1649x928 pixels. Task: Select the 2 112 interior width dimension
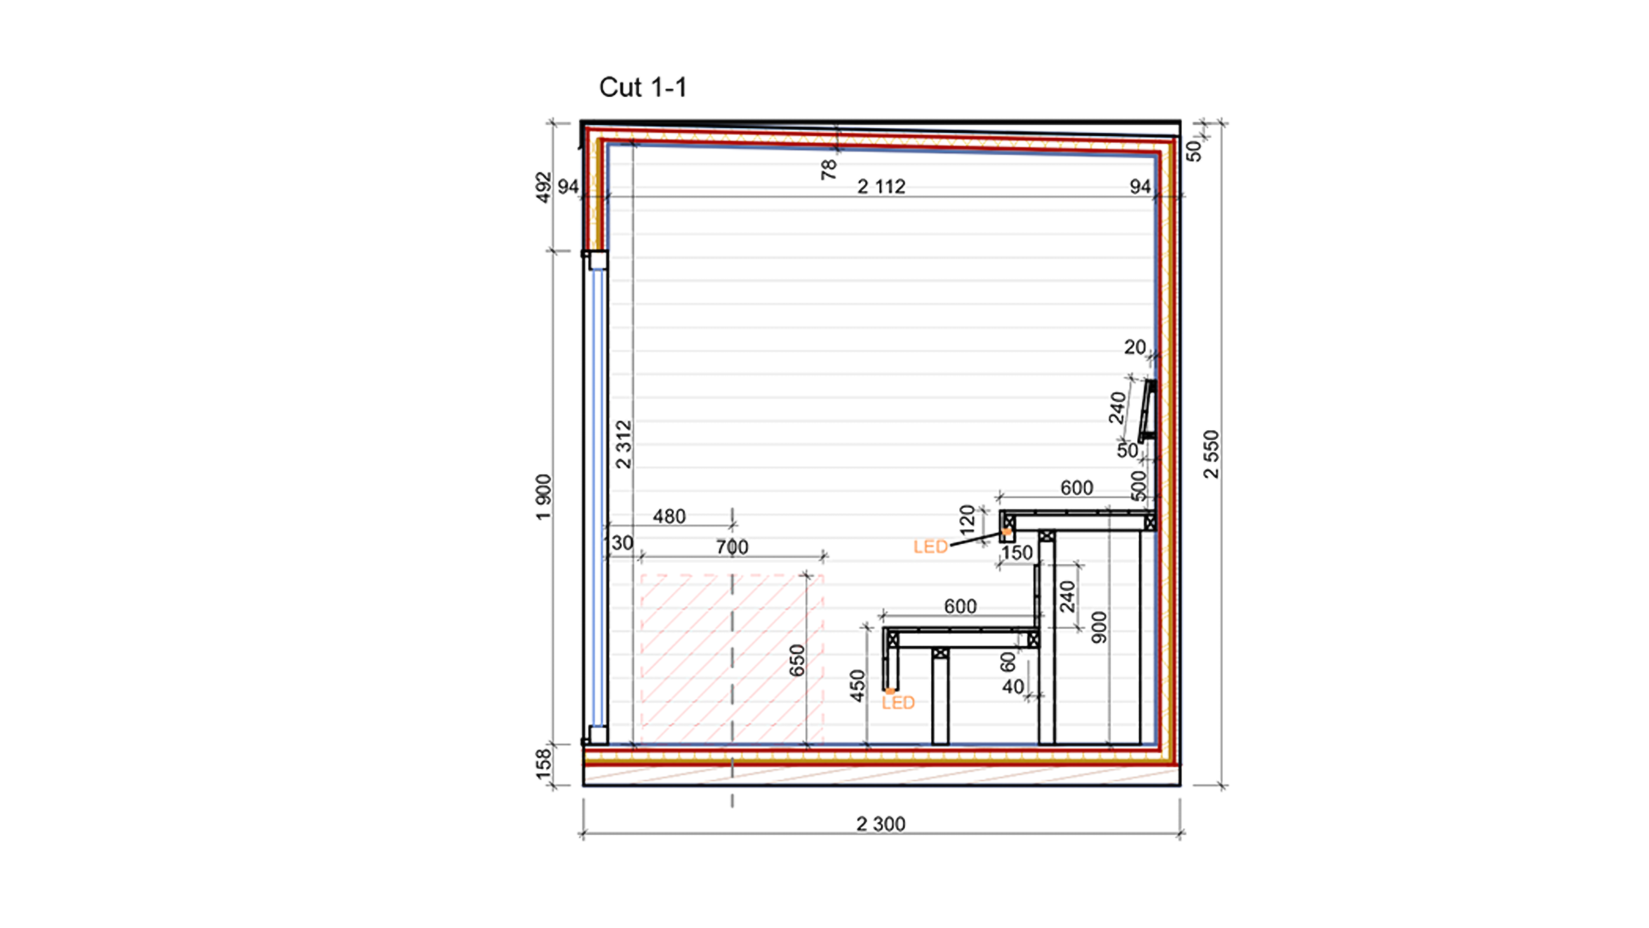[881, 186]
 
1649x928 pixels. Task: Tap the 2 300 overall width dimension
[881, 824]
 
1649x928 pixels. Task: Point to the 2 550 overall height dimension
[1211, 454]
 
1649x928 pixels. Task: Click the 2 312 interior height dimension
[623, 445]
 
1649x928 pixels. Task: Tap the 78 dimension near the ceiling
[828, 169]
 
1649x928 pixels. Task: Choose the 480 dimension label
[669, 516]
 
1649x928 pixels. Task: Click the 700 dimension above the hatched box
[732, 547]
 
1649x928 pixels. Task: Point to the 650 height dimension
[796, 660]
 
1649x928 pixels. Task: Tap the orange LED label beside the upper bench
[930, 547]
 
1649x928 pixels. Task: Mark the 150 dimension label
[1017, 553]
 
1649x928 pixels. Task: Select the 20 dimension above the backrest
[1135, 347]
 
